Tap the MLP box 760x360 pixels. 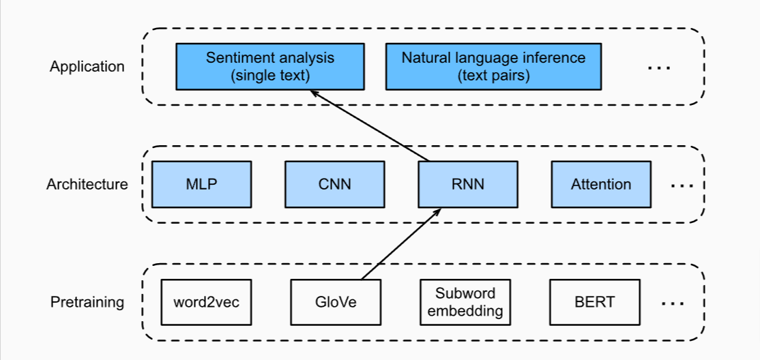201,184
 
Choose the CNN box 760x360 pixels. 334,184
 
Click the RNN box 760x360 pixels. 467,184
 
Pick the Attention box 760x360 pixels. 600,184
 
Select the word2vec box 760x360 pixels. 206,302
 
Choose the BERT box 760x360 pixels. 594,302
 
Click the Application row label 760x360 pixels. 87,67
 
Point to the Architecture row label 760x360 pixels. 87,184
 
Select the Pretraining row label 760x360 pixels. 87,302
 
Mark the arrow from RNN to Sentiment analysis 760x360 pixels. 372,127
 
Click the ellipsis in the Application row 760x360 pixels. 658,67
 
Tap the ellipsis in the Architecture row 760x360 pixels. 682,185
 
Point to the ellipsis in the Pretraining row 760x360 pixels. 673,303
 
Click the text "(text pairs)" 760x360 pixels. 493,75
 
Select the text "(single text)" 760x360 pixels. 270,75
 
